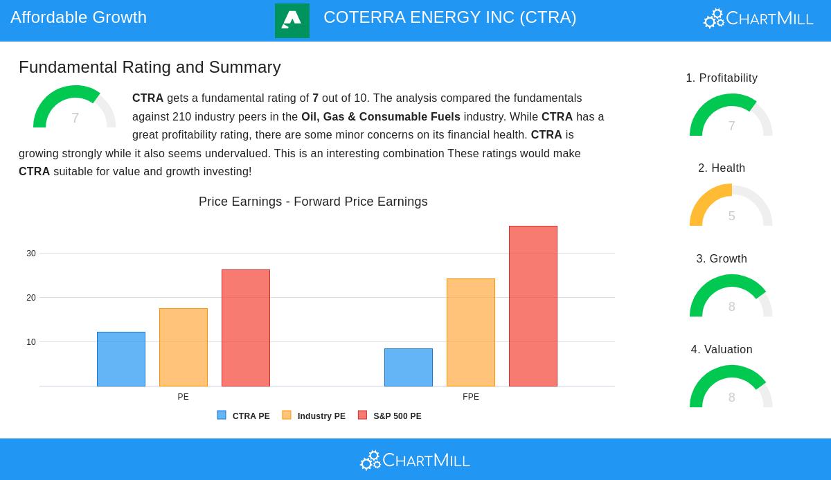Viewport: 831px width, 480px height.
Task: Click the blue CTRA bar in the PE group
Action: tap(121, 359)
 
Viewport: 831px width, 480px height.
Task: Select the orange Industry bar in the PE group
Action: tap(184, 347)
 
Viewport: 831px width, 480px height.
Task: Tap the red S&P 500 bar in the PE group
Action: tap(246, 328)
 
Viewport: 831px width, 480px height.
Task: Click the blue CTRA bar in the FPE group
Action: tap(409, 367)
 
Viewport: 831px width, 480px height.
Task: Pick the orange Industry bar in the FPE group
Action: tap(471, 332)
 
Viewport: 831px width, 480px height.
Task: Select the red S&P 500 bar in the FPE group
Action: tap(533, 306)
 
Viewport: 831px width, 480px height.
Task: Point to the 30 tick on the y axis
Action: tap(31, 254)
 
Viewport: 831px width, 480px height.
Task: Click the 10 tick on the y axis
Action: tap(31, 342)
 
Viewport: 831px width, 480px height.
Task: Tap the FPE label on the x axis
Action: tap(471, 397)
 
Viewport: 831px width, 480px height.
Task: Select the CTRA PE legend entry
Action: tap(244, 416)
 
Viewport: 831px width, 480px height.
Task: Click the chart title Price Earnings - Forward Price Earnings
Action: tap(313, 202)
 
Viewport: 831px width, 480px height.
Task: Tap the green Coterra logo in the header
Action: tap(292, 21)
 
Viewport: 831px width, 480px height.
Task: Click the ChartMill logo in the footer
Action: tap(415, 460)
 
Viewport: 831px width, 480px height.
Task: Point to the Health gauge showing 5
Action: tap(731, 206)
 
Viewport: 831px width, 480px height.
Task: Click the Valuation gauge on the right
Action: tap(731, 388)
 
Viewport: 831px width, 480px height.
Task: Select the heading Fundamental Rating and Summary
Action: tap(150, 67)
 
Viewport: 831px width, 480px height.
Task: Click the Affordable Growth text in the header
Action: tap(78, 17)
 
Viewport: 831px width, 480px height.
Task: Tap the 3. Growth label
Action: tap(722, 258)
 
